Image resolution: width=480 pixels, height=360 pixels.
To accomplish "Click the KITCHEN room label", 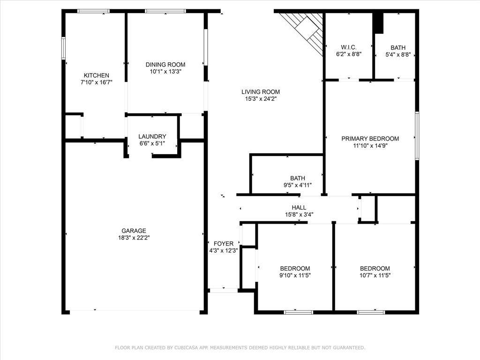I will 96,75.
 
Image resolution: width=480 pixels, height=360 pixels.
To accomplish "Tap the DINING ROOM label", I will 165,65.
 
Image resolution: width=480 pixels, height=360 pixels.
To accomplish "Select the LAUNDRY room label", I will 152,136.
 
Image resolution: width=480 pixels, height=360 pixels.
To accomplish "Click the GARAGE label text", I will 134,231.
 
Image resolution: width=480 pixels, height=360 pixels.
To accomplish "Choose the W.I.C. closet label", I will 348,47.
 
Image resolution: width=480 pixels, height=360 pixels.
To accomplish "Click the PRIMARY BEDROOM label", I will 370,139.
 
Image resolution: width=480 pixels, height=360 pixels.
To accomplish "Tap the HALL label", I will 299,208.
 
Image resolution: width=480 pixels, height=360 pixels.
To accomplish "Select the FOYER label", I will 223,243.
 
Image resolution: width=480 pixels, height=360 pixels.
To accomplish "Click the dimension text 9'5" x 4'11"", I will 298,185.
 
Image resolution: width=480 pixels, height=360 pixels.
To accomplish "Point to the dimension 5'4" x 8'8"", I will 398,54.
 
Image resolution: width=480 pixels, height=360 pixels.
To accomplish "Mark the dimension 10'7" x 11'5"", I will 375,275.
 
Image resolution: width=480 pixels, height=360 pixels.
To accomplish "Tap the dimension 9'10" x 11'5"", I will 295,275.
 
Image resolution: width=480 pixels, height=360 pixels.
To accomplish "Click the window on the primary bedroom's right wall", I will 417,136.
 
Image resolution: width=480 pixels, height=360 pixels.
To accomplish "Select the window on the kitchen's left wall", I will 64,48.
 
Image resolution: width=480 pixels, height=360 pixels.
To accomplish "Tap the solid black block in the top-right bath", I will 378,23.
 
